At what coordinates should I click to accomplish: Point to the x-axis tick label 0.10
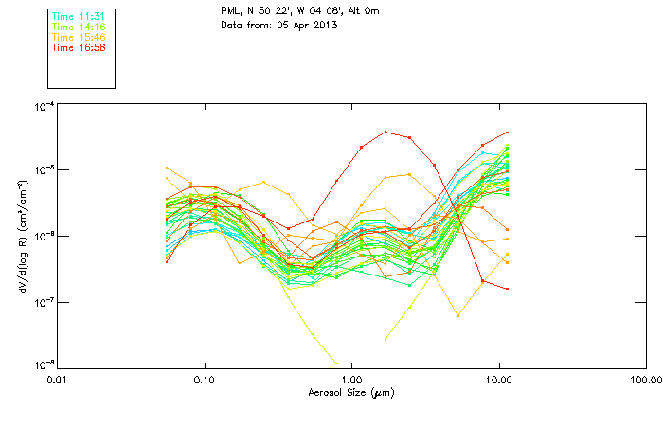coord(204,380)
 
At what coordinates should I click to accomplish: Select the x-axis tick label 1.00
coord(351,380)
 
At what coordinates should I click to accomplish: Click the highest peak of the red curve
coord(385,132)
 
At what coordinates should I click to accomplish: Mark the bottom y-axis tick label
coord(44,364)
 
